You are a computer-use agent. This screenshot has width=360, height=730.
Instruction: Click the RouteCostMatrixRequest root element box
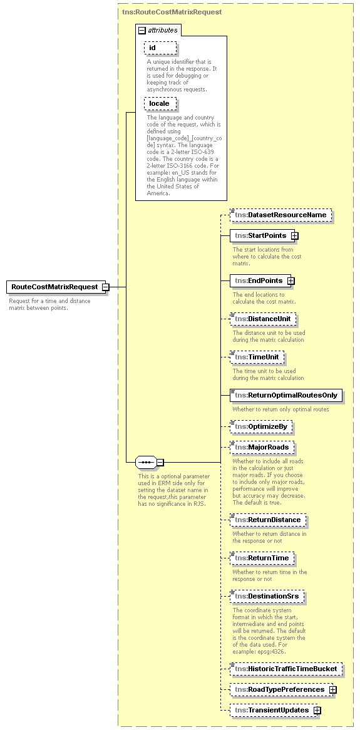point(54,287)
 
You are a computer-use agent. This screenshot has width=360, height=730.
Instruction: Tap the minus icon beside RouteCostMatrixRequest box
point(106,287)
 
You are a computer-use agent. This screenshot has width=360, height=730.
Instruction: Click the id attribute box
point(160,48)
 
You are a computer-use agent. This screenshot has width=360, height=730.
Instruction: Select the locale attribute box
point(160,103)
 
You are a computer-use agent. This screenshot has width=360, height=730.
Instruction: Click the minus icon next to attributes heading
point(142,30)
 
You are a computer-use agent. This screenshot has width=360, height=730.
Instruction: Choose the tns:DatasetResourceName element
point(280,215)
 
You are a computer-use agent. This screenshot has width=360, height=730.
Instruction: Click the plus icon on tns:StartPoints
point(294,236)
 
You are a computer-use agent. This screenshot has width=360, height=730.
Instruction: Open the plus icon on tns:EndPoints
point(291,281)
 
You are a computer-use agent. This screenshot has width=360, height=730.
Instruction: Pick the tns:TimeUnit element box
point(257,357)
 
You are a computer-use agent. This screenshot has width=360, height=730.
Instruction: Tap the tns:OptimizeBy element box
point(261,427)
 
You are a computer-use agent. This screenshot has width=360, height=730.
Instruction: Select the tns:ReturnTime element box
point(262,558)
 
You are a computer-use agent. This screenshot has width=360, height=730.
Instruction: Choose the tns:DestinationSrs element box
point(267,596)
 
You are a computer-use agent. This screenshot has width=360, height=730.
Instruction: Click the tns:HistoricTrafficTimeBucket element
point(286,669)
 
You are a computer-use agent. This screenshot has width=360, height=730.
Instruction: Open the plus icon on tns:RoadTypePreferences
point(333,690)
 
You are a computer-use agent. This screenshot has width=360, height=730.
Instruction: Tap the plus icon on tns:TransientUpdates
point(317,711)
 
